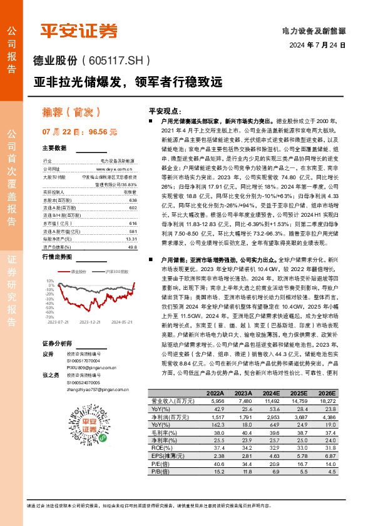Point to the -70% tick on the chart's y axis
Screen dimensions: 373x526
pyautogui.click(x=50, y=317)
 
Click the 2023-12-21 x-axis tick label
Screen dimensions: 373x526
pyautogui.click(x=90, y=322)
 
